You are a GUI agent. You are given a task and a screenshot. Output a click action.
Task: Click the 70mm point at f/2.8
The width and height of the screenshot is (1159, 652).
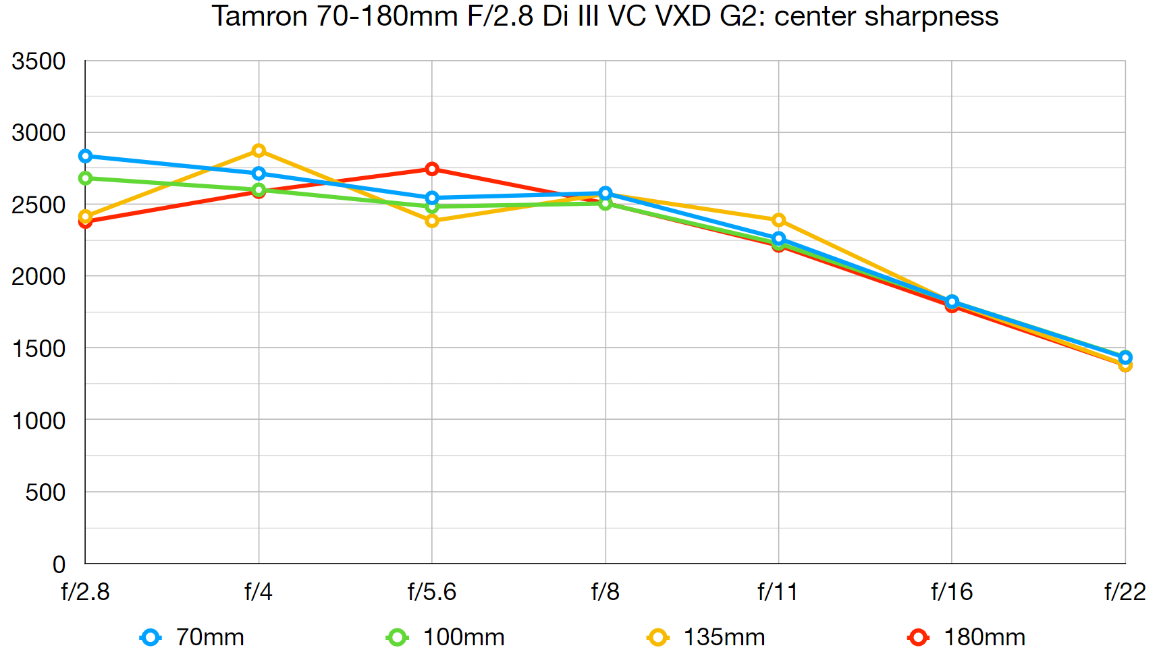coord(85,157)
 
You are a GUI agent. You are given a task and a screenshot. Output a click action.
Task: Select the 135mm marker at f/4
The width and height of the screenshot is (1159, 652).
coord(259,151)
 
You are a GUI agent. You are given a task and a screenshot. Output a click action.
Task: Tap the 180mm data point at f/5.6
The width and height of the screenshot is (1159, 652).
coord(432,169)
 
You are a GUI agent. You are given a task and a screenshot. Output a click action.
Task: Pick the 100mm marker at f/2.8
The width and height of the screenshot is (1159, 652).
coord(85,178)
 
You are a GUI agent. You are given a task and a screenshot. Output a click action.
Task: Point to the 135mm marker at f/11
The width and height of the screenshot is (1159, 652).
coord(778,220)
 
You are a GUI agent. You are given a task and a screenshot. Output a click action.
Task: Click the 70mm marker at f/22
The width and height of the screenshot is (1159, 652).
coord(1125,357)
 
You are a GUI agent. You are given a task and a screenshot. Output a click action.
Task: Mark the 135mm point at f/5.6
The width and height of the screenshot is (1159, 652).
coord(432,221)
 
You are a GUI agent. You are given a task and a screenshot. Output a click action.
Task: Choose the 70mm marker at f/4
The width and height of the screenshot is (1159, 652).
coord(259,173)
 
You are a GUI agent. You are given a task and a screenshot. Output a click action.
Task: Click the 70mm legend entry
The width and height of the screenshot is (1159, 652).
coord(192,637)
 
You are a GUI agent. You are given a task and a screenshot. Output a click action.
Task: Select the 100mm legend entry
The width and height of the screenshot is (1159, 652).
coord(446,637)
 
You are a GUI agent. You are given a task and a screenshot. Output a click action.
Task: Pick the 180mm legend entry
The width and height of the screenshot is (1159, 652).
coord(967,637)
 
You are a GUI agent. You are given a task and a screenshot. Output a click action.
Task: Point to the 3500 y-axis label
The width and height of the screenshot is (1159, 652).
coord(38,61)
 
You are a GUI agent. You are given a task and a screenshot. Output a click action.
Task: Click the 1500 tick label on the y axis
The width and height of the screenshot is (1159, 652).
coord(38,349)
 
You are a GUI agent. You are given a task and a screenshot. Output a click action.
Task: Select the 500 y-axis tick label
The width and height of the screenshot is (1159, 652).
coord(45,493)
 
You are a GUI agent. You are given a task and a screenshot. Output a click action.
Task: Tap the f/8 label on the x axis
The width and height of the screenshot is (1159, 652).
coord(605,592)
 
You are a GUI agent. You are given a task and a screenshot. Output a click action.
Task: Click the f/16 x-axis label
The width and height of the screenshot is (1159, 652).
coord(951,592)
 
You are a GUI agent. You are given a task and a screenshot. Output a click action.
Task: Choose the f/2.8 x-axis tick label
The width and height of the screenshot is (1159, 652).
coord(85,592)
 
